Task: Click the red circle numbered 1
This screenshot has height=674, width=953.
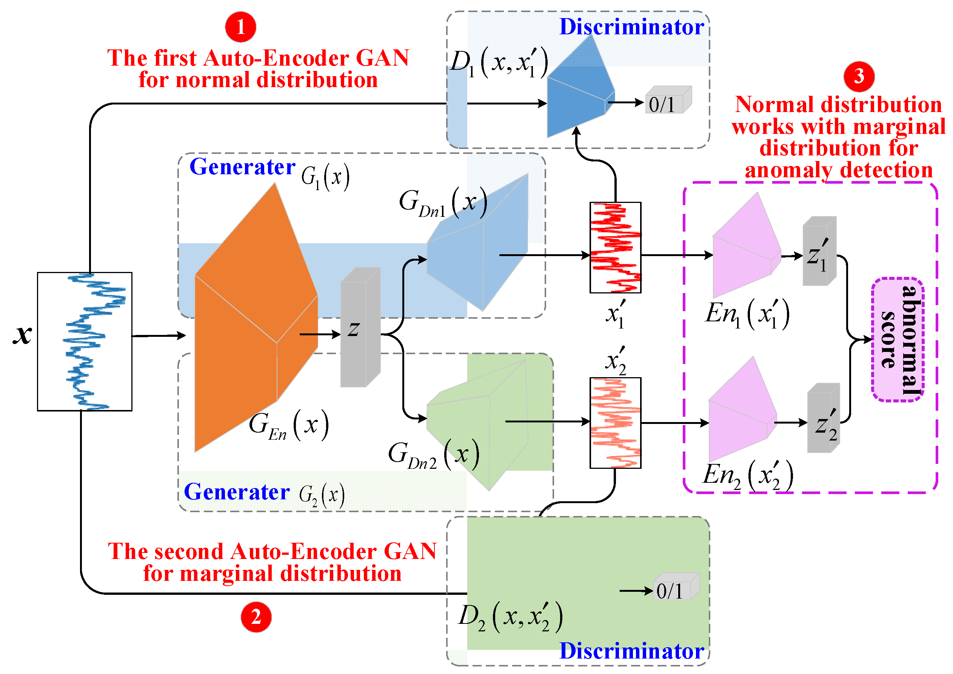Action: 240,27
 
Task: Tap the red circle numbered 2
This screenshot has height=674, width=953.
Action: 256,617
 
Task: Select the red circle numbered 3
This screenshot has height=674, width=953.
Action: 859,76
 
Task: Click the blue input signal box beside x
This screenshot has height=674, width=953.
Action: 85,341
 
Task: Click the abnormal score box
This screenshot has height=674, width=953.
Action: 897,339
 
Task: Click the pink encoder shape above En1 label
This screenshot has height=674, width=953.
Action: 743,249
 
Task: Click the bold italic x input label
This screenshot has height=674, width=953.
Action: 22,334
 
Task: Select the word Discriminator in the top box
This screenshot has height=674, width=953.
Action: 631,27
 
